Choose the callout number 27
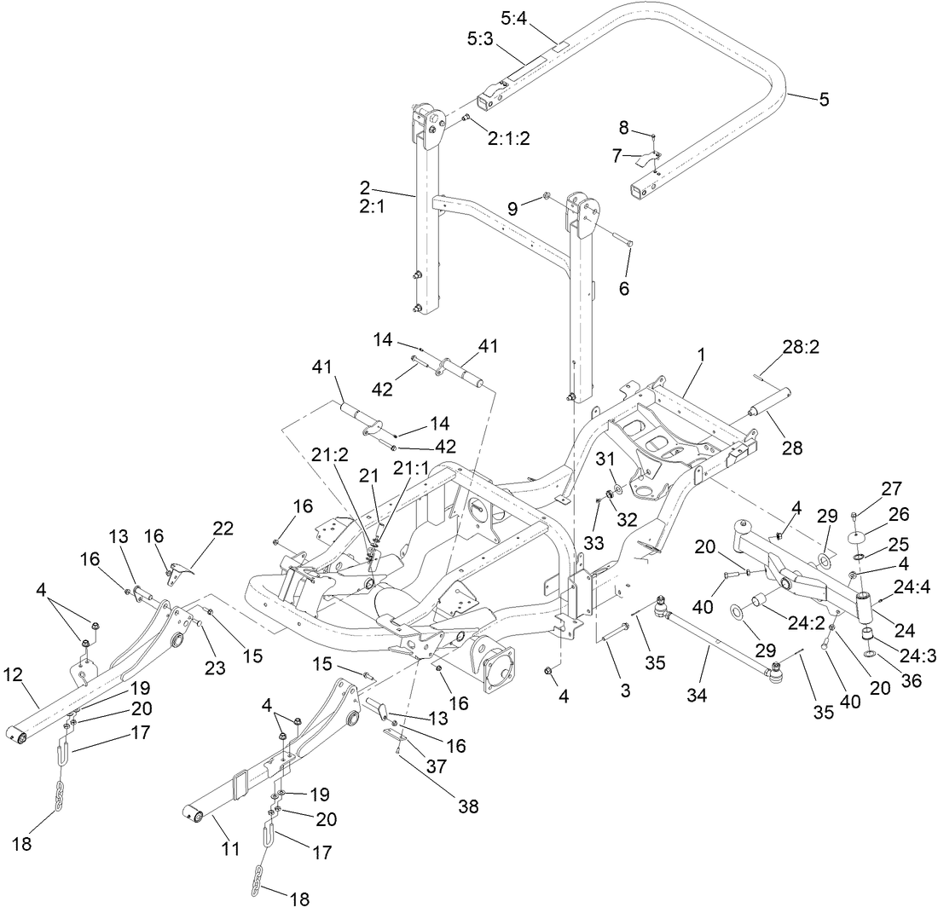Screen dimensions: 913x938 [x=891, y=488]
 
